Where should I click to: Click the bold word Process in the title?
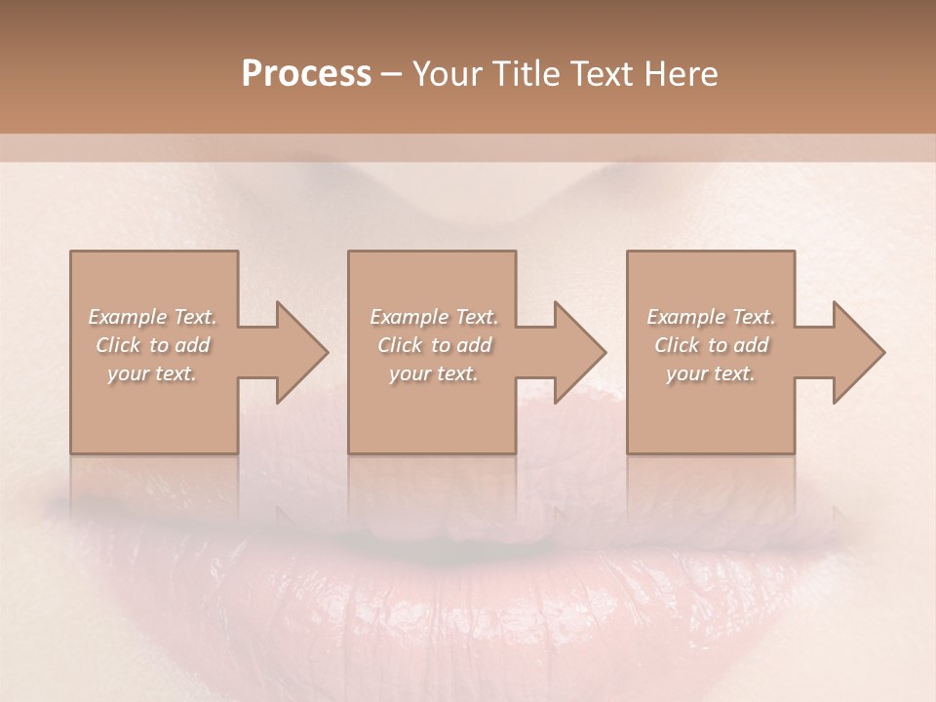(x=306, y=74)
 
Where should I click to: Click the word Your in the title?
(x=447, y=74)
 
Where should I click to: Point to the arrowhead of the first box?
(x=302, y=352)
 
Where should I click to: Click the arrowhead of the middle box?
(x=580, y=352)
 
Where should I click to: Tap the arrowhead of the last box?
(x=859, y=352)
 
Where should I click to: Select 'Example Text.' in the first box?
(x=152, y=317)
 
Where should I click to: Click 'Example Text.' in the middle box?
(x=434, y=317)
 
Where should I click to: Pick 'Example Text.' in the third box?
(x=711, y=317)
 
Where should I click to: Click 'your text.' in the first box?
(x=152, y=373)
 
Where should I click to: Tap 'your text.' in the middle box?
(x=434, y=373)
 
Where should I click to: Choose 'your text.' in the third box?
(x=711, y=373)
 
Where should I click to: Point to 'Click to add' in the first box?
(x=152, y=345)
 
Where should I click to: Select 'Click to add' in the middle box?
(x=434, y=345)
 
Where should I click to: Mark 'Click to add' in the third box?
(x=711, y=345)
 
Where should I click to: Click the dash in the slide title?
(x=391, y=75)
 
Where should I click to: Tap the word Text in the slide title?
(x=598, y=74)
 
